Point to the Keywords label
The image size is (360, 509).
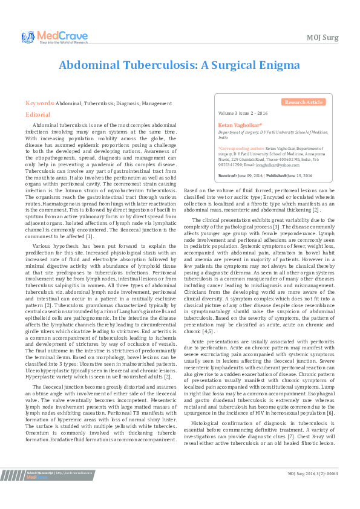(x=40, y=103)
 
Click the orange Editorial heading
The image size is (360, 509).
(x=38, y=114)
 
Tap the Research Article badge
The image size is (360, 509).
(x=304, y=102)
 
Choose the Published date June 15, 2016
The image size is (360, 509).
(x=298, y=175)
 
